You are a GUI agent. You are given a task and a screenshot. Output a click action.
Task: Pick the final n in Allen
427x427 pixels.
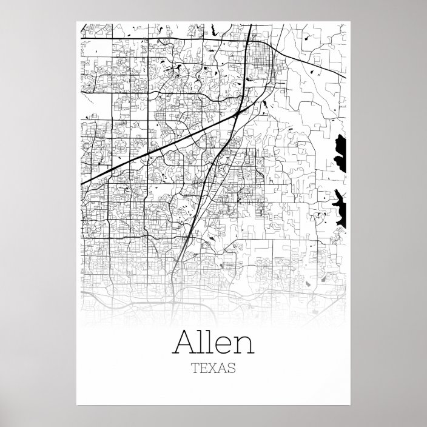(x=241, y=345)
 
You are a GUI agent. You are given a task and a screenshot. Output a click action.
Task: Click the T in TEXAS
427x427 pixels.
(x=194, y=368)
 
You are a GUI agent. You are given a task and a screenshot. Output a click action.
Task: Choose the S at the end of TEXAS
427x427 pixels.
(x=232, y=368)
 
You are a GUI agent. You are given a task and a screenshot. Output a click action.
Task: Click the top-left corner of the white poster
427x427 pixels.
(x=76, y=22)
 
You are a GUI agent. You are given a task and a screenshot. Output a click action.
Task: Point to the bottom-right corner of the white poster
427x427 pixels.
(x=351, y=405)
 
